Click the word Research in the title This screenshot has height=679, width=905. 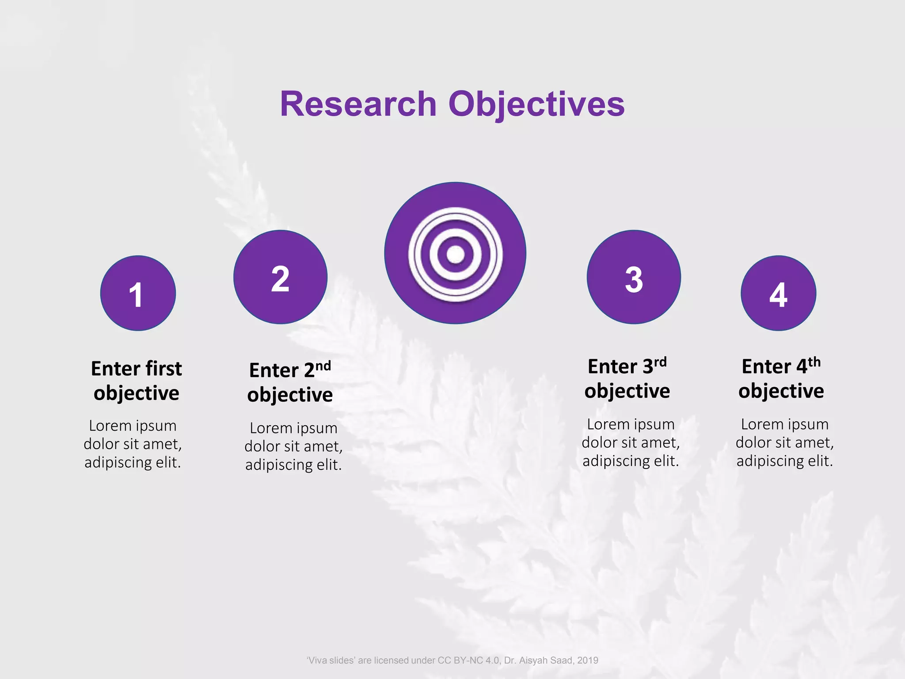358,104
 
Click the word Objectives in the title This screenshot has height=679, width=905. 536,104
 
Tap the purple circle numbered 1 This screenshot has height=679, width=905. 138,293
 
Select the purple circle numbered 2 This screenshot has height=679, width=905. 280,277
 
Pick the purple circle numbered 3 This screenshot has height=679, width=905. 634,277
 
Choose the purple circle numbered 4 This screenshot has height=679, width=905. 778,293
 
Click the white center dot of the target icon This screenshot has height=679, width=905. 455,254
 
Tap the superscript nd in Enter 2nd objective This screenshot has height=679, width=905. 323,366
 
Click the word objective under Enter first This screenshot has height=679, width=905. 136,393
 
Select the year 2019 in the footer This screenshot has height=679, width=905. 587,660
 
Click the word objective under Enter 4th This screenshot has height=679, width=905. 781,391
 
